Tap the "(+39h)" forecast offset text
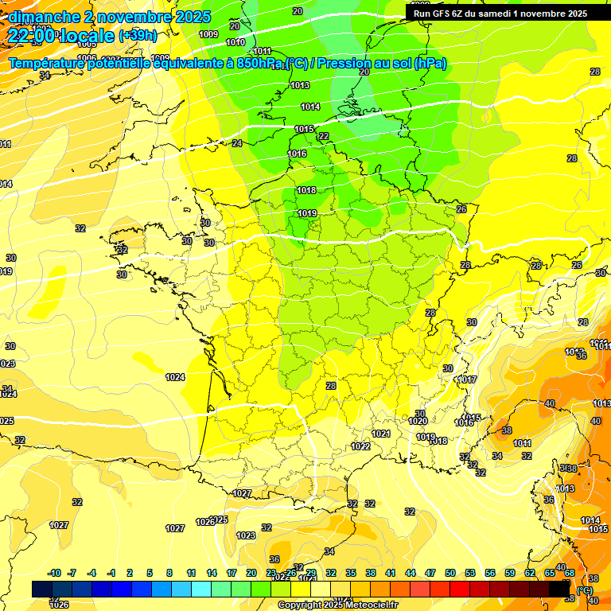[138, 36]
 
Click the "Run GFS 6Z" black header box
[500, 13]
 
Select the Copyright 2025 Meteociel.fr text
[337, 605]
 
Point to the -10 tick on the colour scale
[54, 574]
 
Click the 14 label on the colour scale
[212, 574]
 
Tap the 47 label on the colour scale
[430, 574]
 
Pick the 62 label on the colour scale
[530, 574]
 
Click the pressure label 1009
[208, 34]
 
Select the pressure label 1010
[235, 42]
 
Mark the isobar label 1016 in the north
[297, 154]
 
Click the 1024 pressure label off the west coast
[175, 377]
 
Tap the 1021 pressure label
[381, 434]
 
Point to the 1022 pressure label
[361, 446]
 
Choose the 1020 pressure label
[418, 421]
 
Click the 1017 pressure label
[468, 379]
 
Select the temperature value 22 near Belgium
[323, 136]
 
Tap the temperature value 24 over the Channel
[236, 143]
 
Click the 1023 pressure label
[246, 535]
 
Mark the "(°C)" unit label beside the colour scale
[585, 590]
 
